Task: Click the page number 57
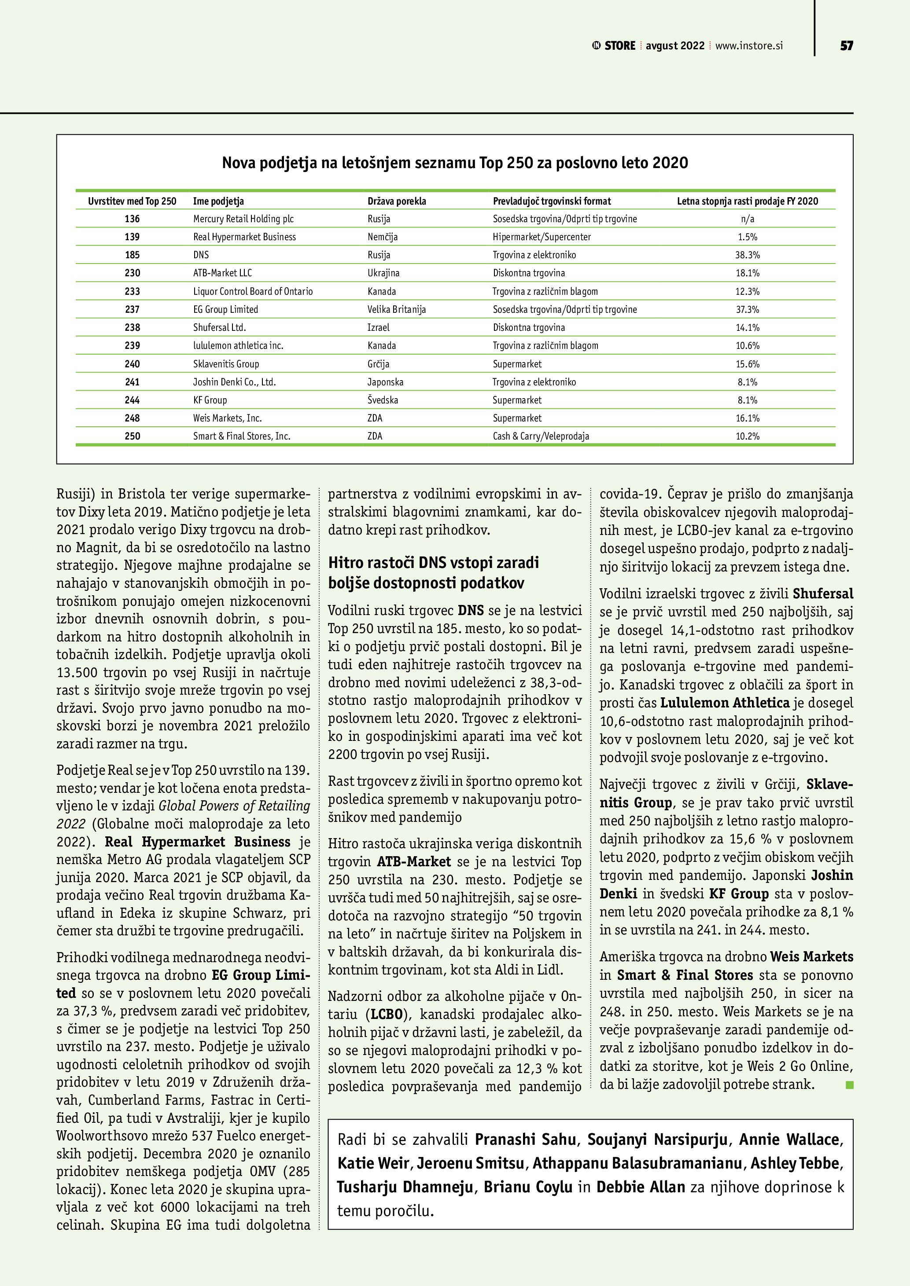[846, 46]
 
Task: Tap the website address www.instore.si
[748, 46]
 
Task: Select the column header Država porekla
[397, 201]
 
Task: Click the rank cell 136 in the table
[132, 219]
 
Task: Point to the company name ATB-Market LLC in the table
[222, 273]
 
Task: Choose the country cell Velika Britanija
[397, 310]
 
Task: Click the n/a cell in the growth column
[748, 219]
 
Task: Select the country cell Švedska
[383, 400]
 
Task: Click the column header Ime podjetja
[218, 201]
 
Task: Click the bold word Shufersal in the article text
[822, 594]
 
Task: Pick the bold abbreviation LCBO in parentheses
[387, 1015]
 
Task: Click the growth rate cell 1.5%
[748, 237]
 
